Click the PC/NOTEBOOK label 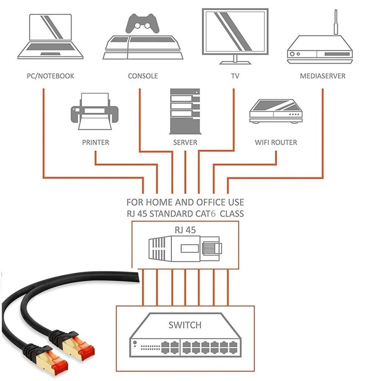pyautogui.click(x=50, y=76)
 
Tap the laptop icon pyautogui.click(x=50, y=37)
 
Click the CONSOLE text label pyautogui.click(x=143, y=76)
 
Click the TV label pyautogui.click(x=235, y=76)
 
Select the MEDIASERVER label pyautogui.click(x=323, y=76)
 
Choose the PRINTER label pyautogui.click(x=96, y=142)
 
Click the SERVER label pyautogui.click(x=185, y=142)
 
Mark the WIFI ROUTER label pyautogui.click(x=276, y=142)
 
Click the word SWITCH pyautogui.click(x=185, y=325)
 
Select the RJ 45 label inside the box pyautogui.click(x=185, y=230)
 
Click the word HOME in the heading pyautogui.click(x=159, y=202)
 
